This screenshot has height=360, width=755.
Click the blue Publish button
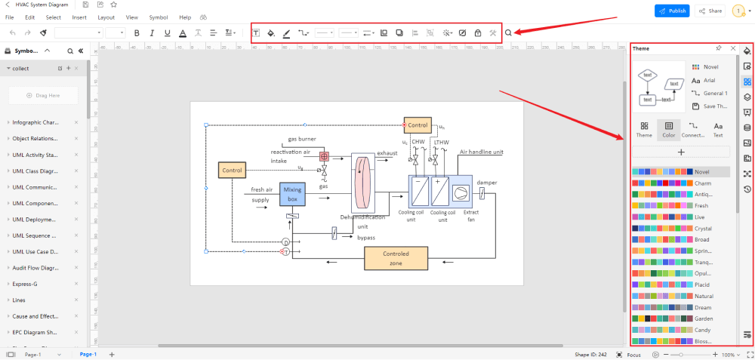(x=672, y=11)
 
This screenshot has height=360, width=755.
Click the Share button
(x=710, y=11)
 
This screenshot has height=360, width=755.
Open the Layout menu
(x=106, y=17)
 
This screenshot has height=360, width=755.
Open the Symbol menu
(x=159, y=17)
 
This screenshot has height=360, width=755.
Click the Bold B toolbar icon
(x=137, y=33)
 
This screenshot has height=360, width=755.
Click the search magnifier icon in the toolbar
(x=508, y=32)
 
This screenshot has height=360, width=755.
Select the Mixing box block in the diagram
(x=292, y=194)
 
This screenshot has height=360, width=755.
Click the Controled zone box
(x=396, y=258)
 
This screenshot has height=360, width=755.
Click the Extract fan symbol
(x=459, y=192)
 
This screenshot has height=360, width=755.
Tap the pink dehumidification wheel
(x=363, y=183)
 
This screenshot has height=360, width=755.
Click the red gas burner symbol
(x=324, y=157)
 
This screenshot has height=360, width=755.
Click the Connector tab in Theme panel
(x=693, y=129)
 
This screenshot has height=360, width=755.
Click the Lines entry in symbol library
(x=19, y=300)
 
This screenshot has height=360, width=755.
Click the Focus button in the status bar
(x=629, y=354)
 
